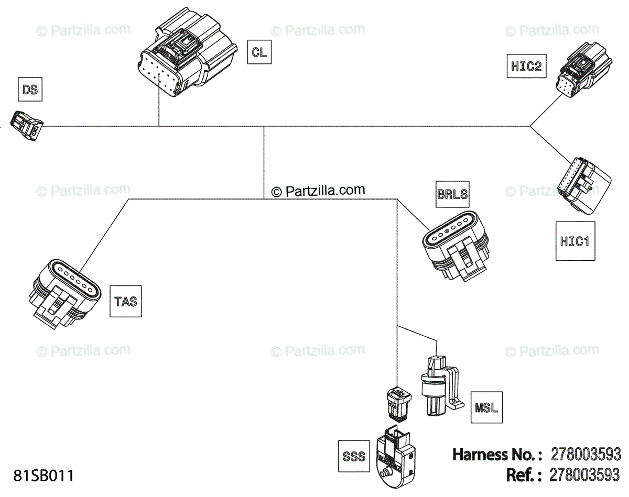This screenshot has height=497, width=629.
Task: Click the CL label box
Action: tap(259, 52)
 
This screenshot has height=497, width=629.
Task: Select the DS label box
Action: tap(30, 90)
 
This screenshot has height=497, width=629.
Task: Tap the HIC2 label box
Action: tap(526, 66)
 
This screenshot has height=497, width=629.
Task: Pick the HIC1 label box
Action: tap(575, 241)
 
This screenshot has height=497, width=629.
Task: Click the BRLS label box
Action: tap(452, 194)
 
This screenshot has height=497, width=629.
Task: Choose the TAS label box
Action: tap(126, 301)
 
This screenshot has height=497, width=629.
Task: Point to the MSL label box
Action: tap(486, 407)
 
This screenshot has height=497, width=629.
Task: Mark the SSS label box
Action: tap(354, 456)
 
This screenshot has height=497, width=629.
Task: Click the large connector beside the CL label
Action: tap(187, 52)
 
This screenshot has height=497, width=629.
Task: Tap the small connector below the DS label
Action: tap(27, 126)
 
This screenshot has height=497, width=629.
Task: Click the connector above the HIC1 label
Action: tap(584, 186)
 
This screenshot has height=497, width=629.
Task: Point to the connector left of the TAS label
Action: tap(65, 293)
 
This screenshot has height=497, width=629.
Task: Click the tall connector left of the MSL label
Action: tap(442, 385)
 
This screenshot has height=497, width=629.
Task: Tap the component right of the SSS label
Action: tap(396, 457)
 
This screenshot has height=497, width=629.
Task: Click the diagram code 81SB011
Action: tap(44, 476)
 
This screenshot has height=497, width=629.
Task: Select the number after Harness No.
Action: tap(585, 455)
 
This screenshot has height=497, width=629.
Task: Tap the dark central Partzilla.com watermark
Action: tap(318, 191)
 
